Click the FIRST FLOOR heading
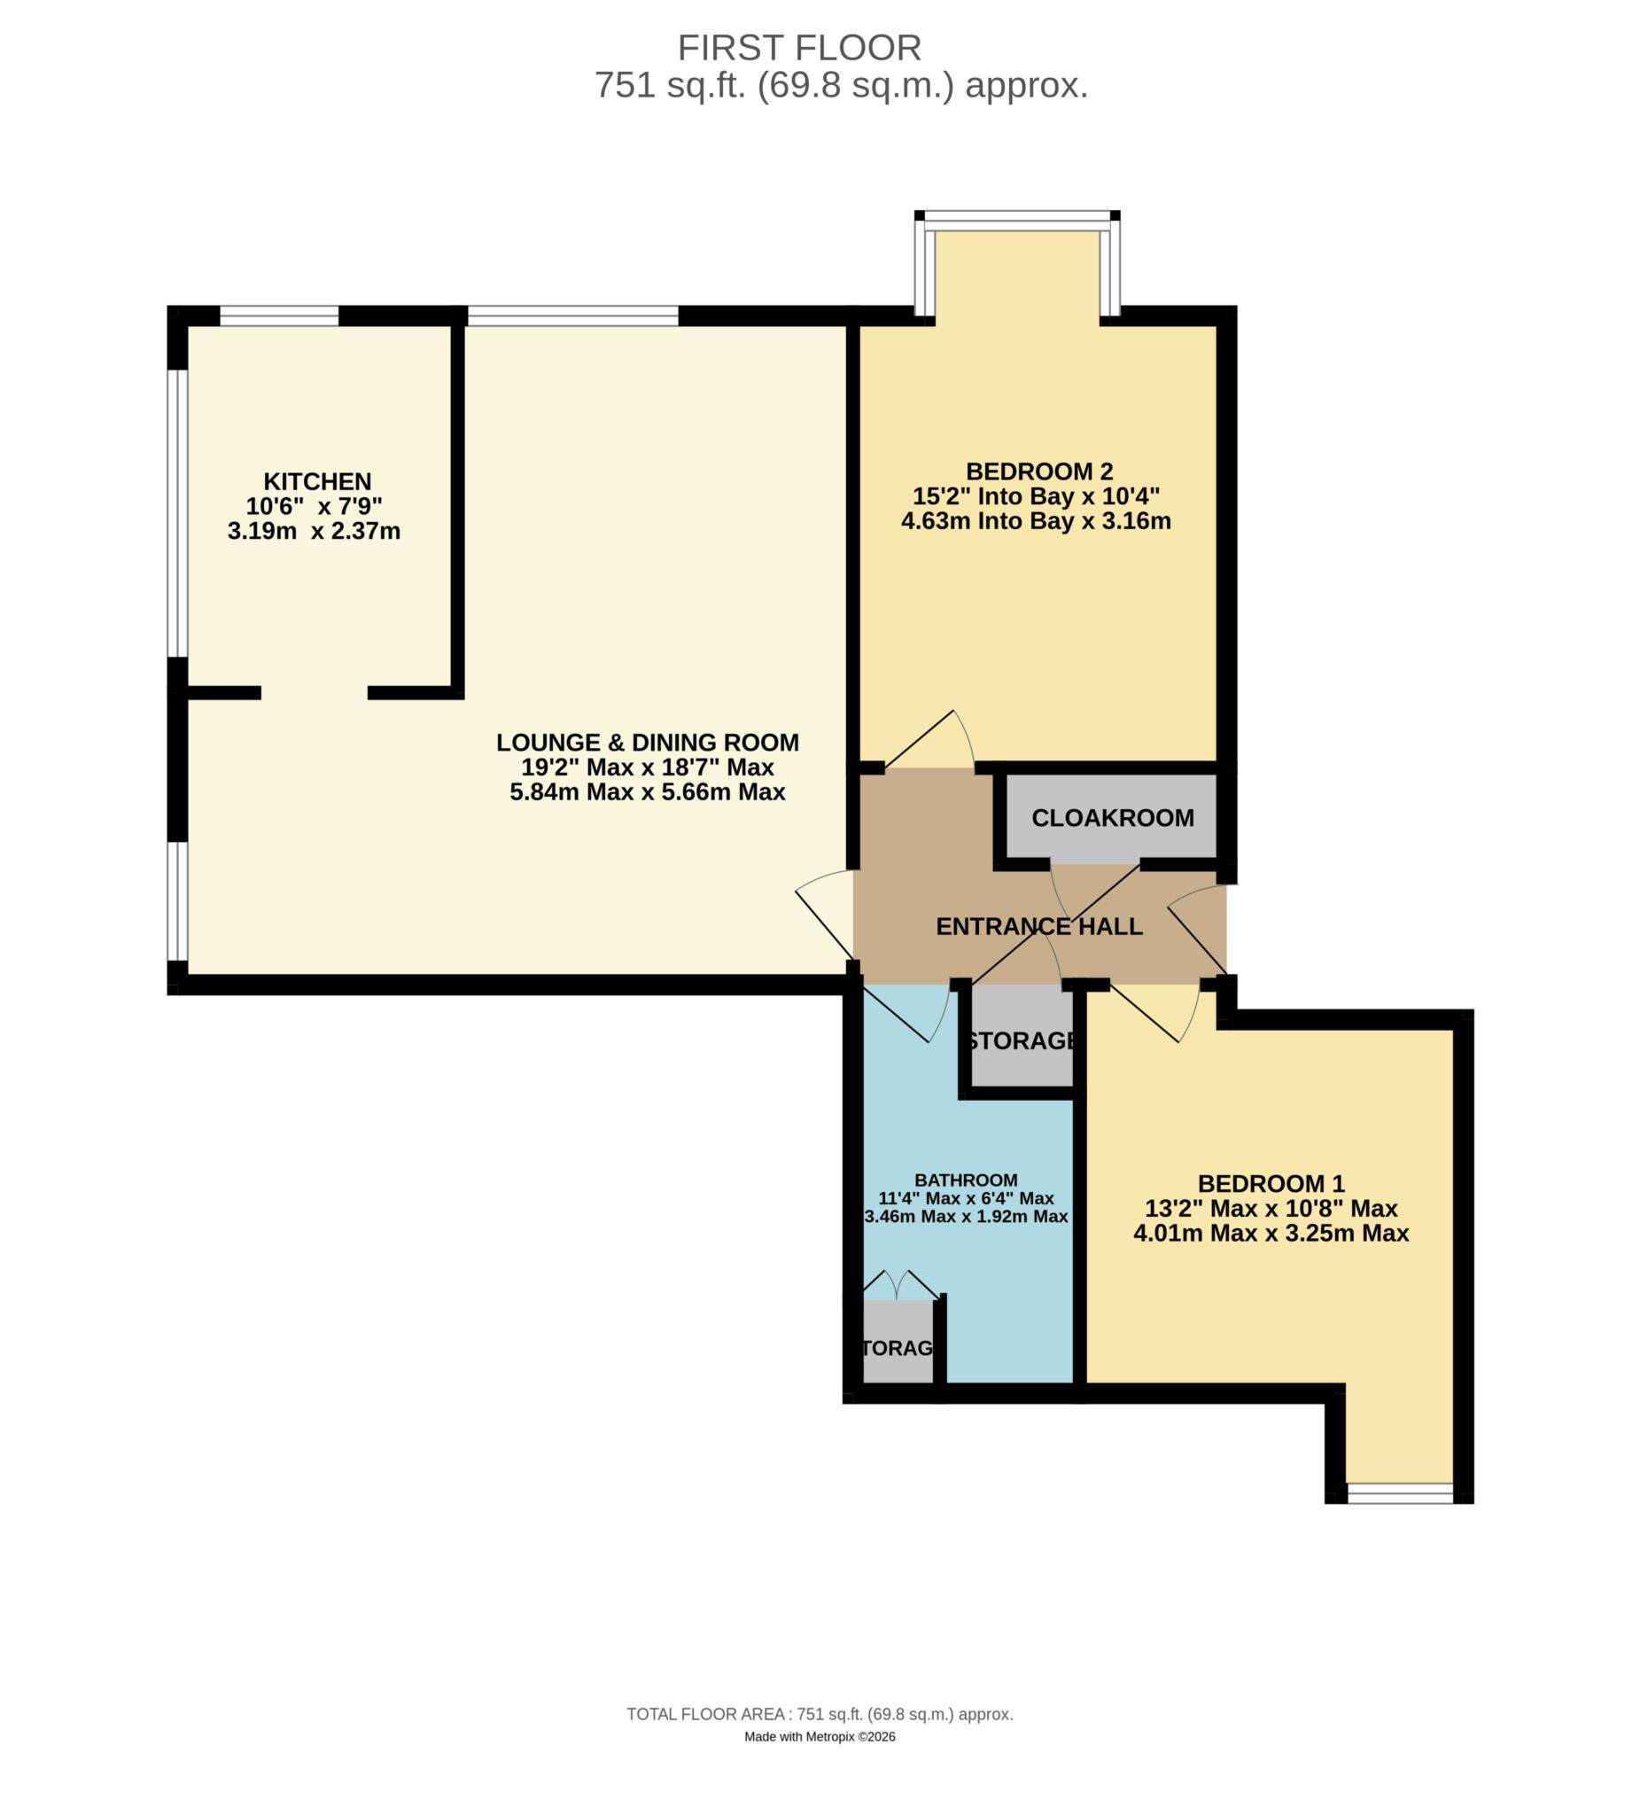coord(798,47)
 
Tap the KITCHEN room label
coord(317,480)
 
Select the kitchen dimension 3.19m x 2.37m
coord(314,531)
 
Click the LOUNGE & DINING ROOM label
coord(647,743)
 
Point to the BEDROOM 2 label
coord(1038,471)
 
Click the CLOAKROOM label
coord(1112,817)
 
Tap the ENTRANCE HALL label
coord(1038,926)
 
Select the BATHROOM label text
coord(965,1180)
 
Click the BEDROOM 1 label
coord(1270,1183)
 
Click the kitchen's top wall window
coord(279,315)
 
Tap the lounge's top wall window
coord(572,315)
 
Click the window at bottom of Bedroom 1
coord(1399,1493)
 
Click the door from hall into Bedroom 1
coord(1153,1012)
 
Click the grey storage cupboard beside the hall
coord(1022,1040)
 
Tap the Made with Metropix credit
coord(819,1737)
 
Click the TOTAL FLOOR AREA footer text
coord(819,1714)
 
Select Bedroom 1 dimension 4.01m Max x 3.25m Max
coord(1270,1233)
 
